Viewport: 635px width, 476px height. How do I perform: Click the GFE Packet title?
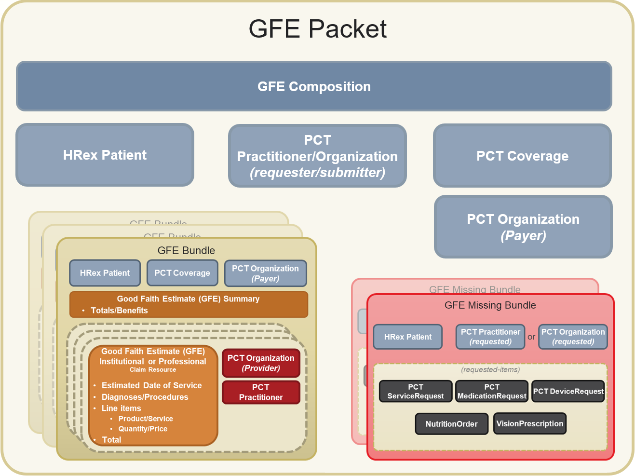317,29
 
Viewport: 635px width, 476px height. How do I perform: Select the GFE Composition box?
314,86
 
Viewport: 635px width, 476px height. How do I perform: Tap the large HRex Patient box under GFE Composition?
105,155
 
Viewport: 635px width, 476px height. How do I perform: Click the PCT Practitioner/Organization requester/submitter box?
317,156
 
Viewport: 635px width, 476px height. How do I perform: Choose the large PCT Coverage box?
522,156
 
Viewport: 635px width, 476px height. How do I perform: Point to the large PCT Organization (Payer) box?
523,227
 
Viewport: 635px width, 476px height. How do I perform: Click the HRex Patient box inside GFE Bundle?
105,273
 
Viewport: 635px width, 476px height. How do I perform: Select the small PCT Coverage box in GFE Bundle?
182,273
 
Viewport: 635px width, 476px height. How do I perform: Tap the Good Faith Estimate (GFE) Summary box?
189,304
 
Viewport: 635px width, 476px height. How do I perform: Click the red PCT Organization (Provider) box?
261,363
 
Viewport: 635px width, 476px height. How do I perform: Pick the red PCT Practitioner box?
261,392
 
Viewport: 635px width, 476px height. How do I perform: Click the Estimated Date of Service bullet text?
151,385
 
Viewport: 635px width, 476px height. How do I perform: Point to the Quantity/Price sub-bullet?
143,429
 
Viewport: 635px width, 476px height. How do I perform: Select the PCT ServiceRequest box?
416,391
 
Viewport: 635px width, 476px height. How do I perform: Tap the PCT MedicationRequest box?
492,391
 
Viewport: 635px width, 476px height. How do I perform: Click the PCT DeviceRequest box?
568,391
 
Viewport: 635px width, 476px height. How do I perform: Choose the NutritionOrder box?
451,424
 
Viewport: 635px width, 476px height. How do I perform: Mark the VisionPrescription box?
529,423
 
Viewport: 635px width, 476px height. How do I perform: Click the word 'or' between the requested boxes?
531,337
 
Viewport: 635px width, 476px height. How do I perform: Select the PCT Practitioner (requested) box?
490,337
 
